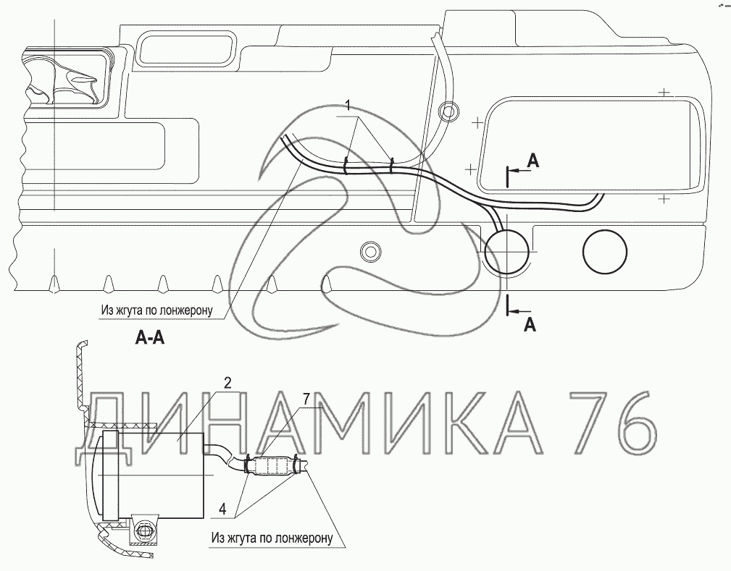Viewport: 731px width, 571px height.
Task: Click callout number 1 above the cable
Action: tap(348, 106)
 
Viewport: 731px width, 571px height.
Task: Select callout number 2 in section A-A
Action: tap(227, 384)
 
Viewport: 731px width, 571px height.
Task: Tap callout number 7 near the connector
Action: tap(306, 399)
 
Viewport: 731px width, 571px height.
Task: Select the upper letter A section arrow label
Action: tap(533, 161)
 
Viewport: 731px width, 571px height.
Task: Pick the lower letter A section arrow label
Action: tap(530, 325)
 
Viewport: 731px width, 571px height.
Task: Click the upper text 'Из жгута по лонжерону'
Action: tap(156, 310)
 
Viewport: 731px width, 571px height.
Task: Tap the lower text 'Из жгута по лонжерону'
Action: tap(272, 538)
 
